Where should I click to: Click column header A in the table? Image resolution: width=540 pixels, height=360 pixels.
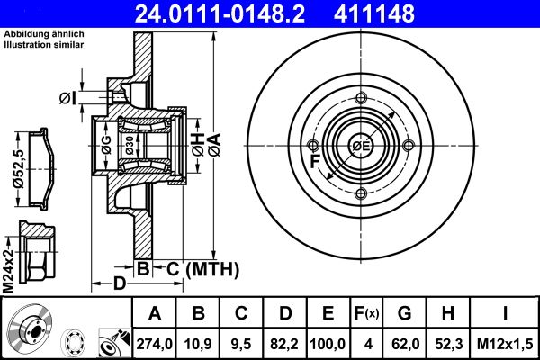click(155, 313)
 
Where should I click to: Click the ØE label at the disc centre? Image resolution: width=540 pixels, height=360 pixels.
click(361, 147)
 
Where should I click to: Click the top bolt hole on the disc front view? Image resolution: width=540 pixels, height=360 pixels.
click(361, 99)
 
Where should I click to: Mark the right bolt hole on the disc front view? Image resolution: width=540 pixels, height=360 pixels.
click(409, 147)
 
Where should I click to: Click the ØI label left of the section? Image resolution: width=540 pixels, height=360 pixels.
click(66, 97)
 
